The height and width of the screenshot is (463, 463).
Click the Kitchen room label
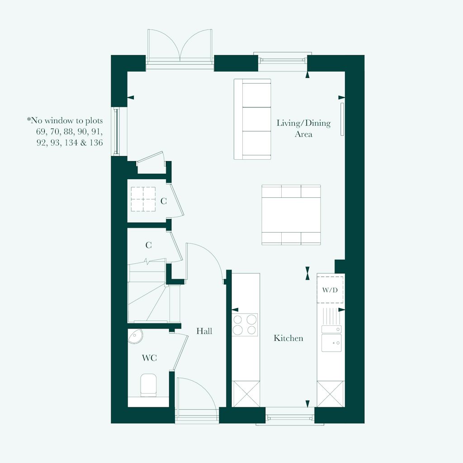click(288, 338)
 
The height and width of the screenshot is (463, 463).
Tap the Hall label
click(204, 331)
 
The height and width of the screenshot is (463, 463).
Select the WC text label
click(149, 358)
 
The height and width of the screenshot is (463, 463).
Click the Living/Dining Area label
click(303, 129)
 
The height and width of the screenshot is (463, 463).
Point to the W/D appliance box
click(330, 289)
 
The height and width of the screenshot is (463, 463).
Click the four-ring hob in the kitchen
click(245, 325)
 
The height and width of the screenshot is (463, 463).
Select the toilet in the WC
click(148, 385)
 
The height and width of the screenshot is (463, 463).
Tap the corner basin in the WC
click(135, 335)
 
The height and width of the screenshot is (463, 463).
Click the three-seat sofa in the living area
click(252, 119)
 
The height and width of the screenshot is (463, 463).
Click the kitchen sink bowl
click(331, 343)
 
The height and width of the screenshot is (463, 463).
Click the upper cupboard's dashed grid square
click(143, 199)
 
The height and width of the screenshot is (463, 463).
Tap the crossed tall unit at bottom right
click(331, 394)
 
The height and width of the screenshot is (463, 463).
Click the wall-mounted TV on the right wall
click(342, 119)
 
